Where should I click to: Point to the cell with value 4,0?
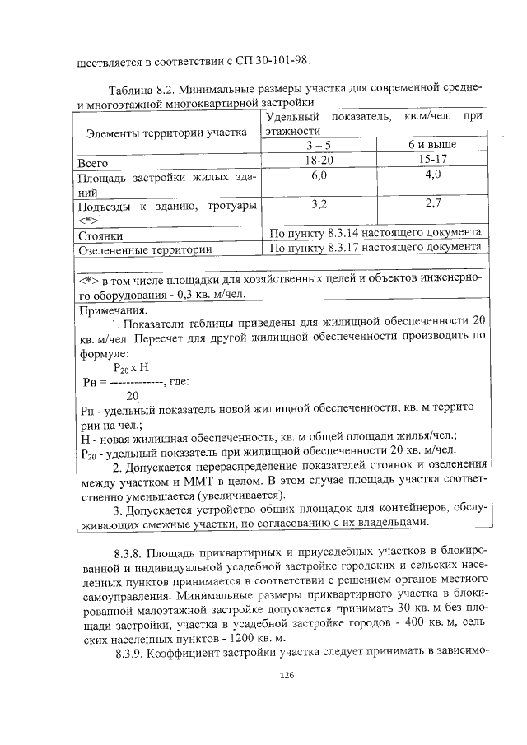click(433, 175)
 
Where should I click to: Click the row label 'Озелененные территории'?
click(144, 249)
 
